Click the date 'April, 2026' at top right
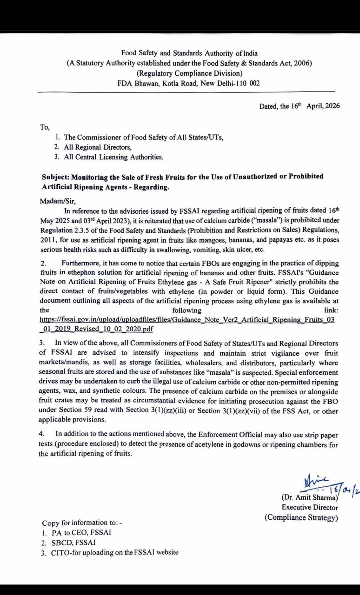[323, 106]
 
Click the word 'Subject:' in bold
[55, 177]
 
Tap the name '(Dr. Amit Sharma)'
[310, 498]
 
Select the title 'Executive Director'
[310, 508]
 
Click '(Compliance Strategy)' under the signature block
[301, 517]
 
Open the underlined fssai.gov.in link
[187, 320]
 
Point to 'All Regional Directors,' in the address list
[98, 147]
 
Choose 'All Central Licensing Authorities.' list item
[114, 157]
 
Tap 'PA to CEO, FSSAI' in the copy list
[81, 533]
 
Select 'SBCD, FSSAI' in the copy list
[73, 543]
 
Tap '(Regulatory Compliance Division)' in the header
[189, 73]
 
